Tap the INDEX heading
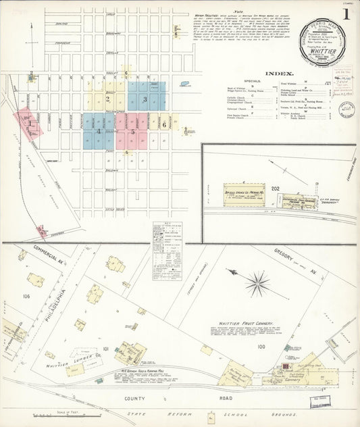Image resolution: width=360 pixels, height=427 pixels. point(279,73)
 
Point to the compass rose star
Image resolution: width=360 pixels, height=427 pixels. point(257,283)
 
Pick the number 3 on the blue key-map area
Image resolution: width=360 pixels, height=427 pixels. point(145,99)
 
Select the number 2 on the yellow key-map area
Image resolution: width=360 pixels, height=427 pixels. point(107,99)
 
